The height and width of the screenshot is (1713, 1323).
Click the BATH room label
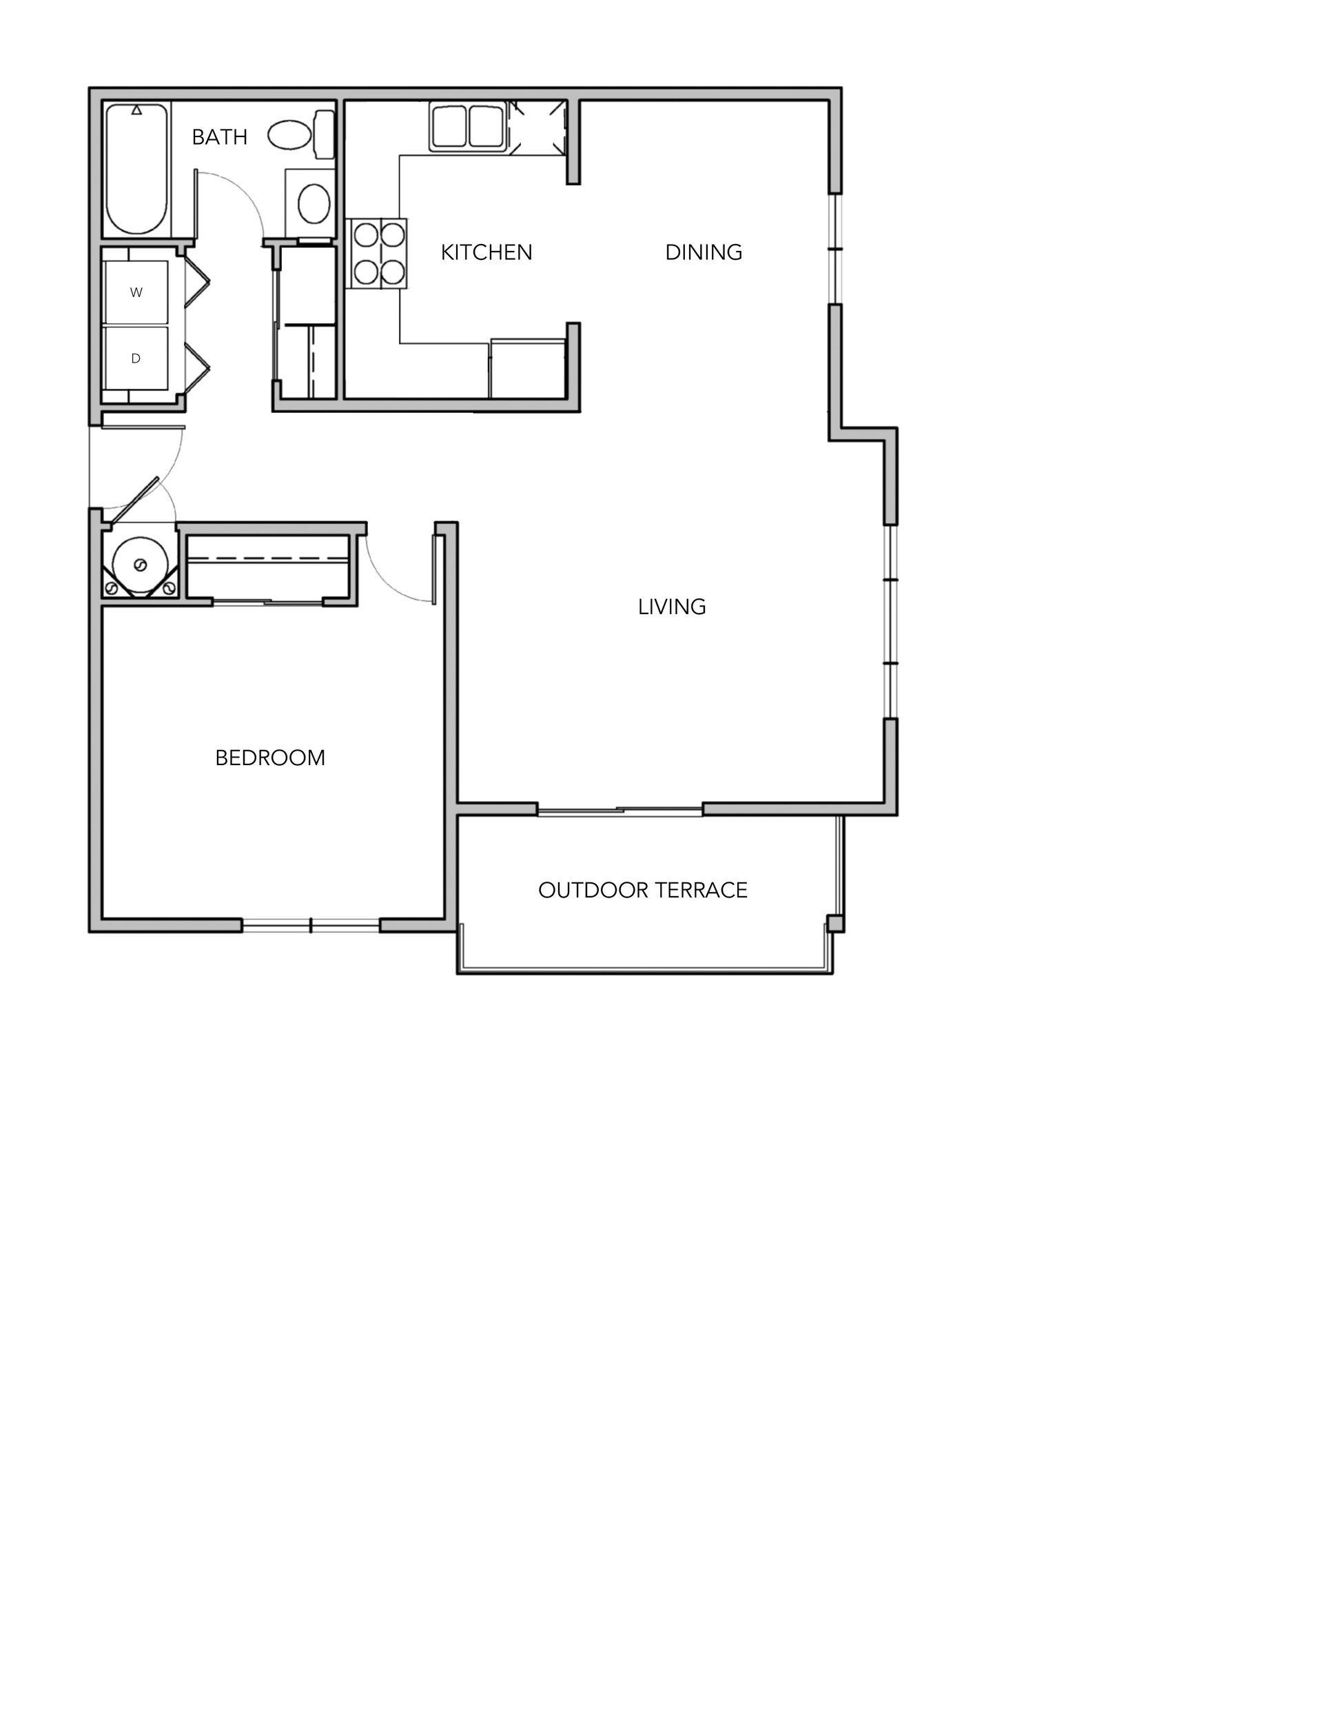[x=219, y=137]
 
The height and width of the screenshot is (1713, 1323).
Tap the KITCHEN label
[x=486, y=252]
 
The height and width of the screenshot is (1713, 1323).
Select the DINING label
[x=704, y=252]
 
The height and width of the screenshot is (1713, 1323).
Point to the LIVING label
[x=671, y=607]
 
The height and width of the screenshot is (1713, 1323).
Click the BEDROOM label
[x=270, y=758]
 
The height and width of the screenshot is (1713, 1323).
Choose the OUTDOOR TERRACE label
[x=642, y=890]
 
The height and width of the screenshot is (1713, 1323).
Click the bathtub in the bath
[x=136, y=169]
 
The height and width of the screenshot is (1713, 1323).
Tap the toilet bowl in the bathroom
[x=289, y=135]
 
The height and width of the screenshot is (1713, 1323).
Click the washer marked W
[x=136, y=292]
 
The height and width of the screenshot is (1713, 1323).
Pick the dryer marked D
[x=136, y=358]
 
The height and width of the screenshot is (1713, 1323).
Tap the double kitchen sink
[x=466, y=125]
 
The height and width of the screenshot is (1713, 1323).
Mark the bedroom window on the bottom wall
[x=311, y=926]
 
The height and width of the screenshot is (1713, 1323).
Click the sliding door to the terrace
[x=619, y=810]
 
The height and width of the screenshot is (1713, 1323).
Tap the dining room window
[x=835, y=250]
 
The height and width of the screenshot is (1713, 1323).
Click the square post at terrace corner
[x=835, y=923]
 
